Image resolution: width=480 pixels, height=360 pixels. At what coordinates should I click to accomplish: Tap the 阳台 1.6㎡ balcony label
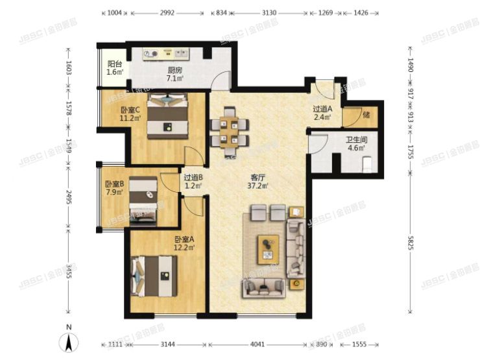point(115,68)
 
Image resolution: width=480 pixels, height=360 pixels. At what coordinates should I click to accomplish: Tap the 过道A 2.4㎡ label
point(322,114)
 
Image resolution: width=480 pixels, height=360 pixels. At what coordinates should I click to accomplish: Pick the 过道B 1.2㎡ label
point(193,181)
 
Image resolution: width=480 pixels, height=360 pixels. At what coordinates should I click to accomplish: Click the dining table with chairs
point(228,130)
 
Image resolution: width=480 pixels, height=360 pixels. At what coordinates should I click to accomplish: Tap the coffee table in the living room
point(267,248)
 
